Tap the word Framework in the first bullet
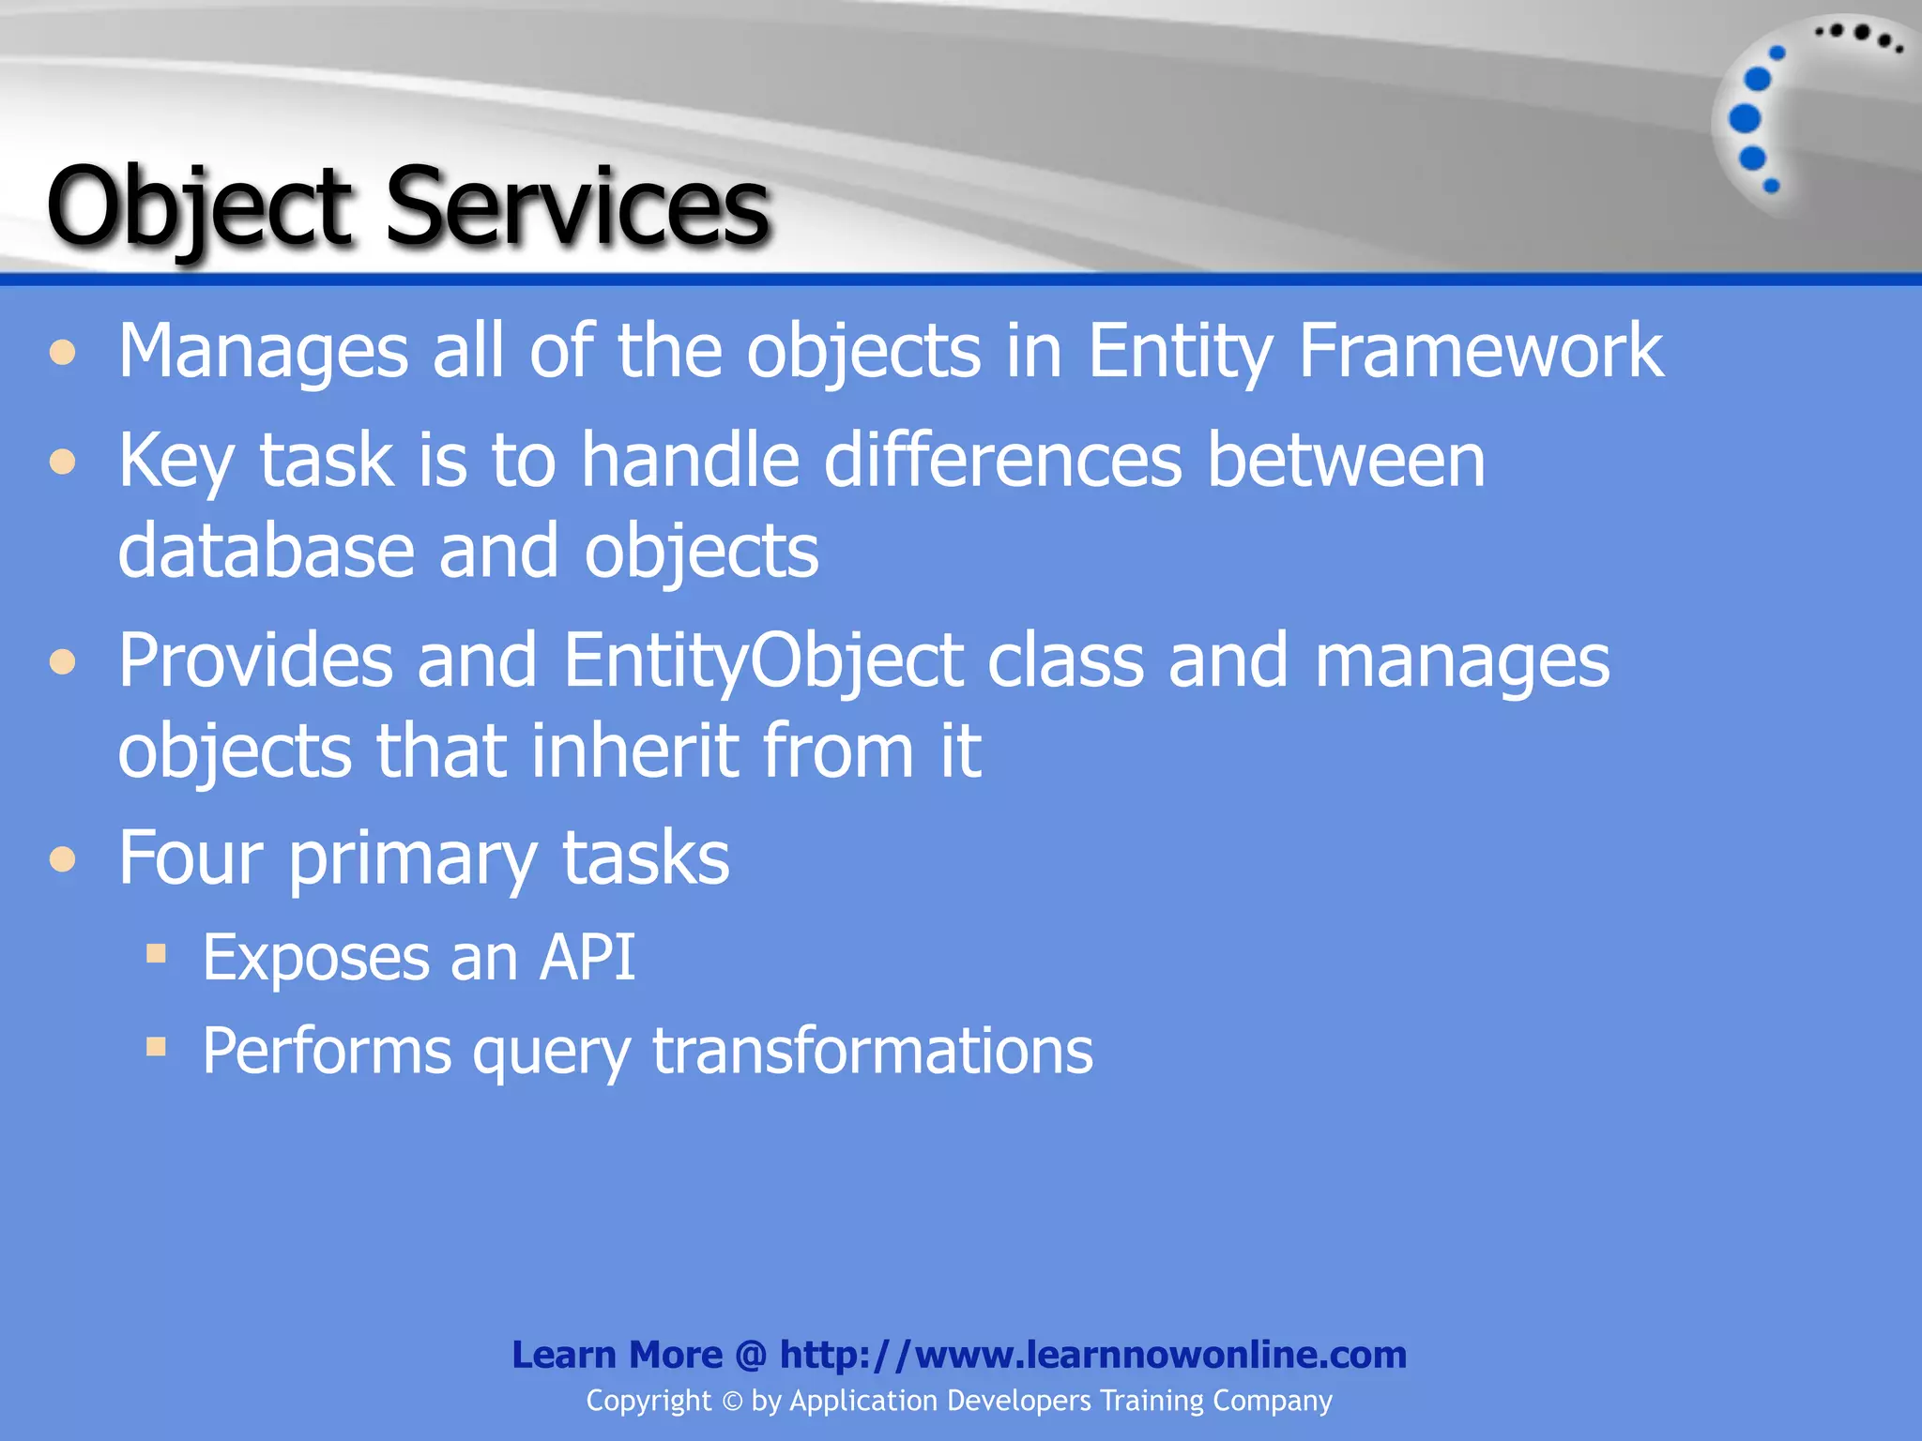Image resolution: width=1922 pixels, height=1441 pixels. [x=1480, y=351]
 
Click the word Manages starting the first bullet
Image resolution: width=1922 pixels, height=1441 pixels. [x=263, y=351]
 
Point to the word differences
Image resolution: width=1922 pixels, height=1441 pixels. [x=1002, y=460]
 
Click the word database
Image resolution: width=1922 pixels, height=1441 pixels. [x=266, y=551]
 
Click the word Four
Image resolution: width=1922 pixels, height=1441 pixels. [x=191, y=857]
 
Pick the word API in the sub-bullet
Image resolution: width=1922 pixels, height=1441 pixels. [x=587, y=958]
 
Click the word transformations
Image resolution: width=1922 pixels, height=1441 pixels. [x=872, y=1050]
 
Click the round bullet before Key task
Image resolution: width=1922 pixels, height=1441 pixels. [x=63, y=462]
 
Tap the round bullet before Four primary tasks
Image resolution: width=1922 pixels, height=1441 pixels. [x=63, y=859]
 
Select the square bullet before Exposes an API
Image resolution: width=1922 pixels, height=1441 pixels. [x=156, y=955]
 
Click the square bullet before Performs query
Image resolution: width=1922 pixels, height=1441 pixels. [x=156, y=1046]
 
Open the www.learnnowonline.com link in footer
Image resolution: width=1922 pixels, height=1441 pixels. [x=1093, y=1355]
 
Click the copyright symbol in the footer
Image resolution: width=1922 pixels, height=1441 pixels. [x=732, y=1402]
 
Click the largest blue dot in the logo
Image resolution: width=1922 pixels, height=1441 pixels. [x=1745, y=119]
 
